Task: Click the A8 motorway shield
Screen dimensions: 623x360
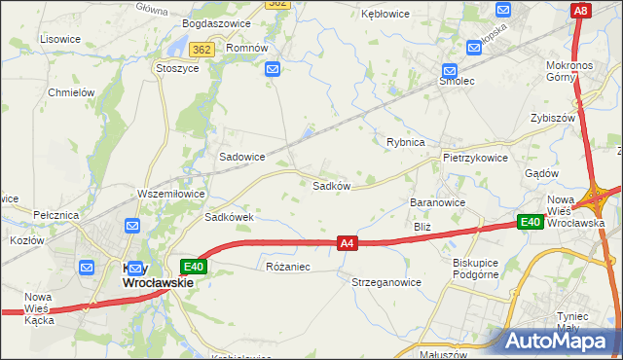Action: click(580, 11)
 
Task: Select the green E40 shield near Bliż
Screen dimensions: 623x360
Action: click(530, 222)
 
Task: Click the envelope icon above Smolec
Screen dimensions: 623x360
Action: click(450, 71)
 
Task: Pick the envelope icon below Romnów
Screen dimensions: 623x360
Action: click(273, 69)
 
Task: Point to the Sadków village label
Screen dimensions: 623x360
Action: click(331, 185)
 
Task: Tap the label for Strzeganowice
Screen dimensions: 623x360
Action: click(386, 282)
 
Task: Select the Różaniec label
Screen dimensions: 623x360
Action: click(287, 267)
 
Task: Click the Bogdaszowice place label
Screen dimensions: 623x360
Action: click(216, 23)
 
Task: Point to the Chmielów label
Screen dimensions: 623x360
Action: click(70, 92)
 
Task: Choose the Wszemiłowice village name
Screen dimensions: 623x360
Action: click(171, 194)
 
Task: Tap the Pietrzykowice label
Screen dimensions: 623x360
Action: click(475, 158)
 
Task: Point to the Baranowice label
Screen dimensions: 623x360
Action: click(438, 202)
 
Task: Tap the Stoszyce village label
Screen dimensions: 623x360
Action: click(177, 69)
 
